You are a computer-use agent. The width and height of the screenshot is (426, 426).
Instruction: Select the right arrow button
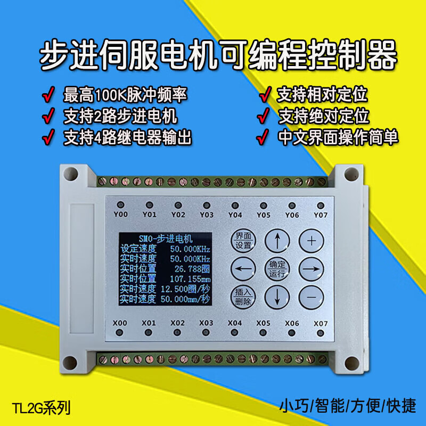[x=310, y=269]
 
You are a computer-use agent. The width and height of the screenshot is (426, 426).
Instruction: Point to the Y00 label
[x=121, y=215]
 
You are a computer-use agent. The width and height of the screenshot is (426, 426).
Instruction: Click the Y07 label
[x=320, y=215]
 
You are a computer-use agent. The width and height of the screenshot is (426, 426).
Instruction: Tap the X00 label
[x=121, y=323]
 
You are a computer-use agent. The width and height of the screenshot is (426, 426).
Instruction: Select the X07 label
[x=320, y=323]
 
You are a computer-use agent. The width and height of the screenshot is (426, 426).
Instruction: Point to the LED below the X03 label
[x=206, y=333]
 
